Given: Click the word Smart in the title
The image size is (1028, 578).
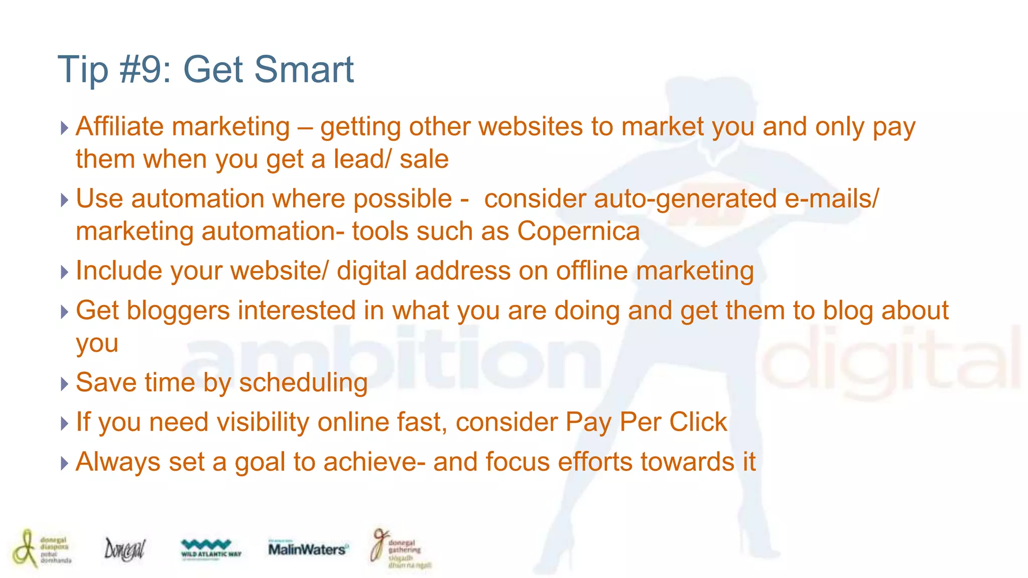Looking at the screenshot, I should pos(304,69).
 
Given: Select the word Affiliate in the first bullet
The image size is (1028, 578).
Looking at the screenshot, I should pos(119,126).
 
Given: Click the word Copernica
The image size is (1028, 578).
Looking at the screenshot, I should pos(578,231).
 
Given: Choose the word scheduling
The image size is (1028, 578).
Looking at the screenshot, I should pos(303,383).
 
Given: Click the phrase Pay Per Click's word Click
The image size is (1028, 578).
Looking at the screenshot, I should pos(698,422).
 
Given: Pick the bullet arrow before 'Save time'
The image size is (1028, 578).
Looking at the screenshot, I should pos(64,384).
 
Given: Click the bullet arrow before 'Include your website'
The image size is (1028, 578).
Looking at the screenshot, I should pos(64,272).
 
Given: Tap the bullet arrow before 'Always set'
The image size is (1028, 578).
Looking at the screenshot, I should pos(64,463).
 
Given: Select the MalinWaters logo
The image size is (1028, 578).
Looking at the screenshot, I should pos(307,549).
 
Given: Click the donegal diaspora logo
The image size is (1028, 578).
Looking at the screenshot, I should pos(41,548).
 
